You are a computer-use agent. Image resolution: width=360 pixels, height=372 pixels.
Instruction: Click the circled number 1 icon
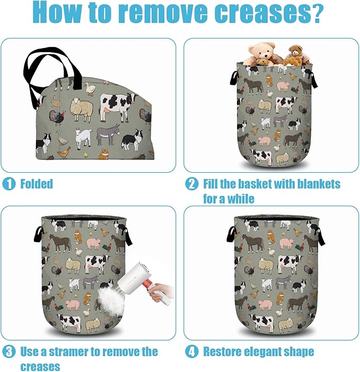9,184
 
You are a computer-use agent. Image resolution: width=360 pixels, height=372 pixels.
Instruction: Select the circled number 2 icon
191,184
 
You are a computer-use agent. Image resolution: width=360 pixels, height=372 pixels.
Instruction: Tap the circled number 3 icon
9,351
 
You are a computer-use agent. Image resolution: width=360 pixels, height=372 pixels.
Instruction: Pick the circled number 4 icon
191,351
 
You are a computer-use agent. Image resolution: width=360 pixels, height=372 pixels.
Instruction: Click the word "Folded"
37,184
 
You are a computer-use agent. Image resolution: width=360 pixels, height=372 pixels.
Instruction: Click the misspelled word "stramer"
68,351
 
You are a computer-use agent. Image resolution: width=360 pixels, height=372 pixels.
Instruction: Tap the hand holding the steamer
161,293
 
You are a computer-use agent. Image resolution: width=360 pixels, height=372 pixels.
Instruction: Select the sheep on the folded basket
82,108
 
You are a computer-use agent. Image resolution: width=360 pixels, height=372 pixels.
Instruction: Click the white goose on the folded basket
90,88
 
